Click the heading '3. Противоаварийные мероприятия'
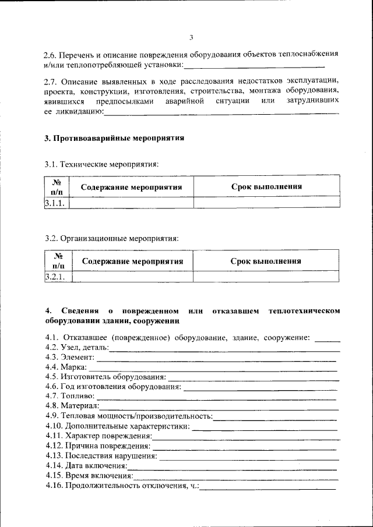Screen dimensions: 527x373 (114, 139)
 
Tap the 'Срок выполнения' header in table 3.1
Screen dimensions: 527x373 (266, 187)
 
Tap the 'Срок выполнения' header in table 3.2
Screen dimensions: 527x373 (266, 261)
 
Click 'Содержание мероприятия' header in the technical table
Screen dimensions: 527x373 (132, 188)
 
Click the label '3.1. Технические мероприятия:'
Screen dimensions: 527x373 (101, 165)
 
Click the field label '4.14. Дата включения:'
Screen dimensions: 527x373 (86, 466)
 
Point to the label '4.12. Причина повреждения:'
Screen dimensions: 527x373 (97, 445)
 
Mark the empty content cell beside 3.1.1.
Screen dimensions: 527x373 (132, 203)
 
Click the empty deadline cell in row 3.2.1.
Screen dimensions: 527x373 (266, 277)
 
